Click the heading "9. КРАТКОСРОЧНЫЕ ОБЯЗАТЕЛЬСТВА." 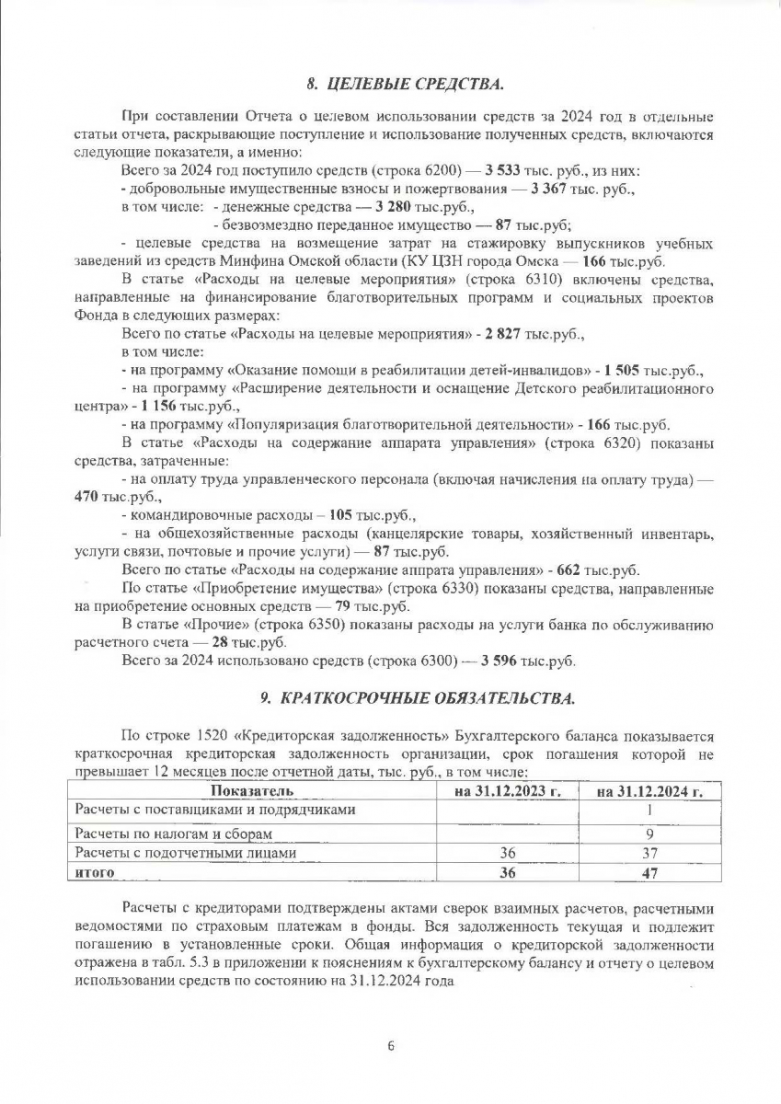tap(417, 698)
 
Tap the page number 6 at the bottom tap(390, 1046)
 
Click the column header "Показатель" tap(252, 790)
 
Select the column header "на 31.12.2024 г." tap(649, 790)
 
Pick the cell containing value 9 tap(649, 833)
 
